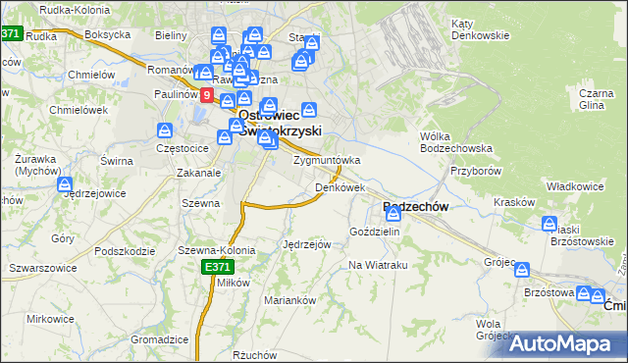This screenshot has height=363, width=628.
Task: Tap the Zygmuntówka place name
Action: click(327, 160)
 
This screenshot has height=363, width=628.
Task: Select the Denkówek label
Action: click(340, 186)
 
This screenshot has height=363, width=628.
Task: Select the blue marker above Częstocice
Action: click(167, 130)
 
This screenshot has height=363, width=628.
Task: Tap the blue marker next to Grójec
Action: click(522, 269)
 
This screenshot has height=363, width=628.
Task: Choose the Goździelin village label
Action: click(375, 231)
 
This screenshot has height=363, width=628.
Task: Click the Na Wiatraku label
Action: click(378, 265)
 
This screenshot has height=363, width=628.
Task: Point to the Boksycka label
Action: click(108, 33)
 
